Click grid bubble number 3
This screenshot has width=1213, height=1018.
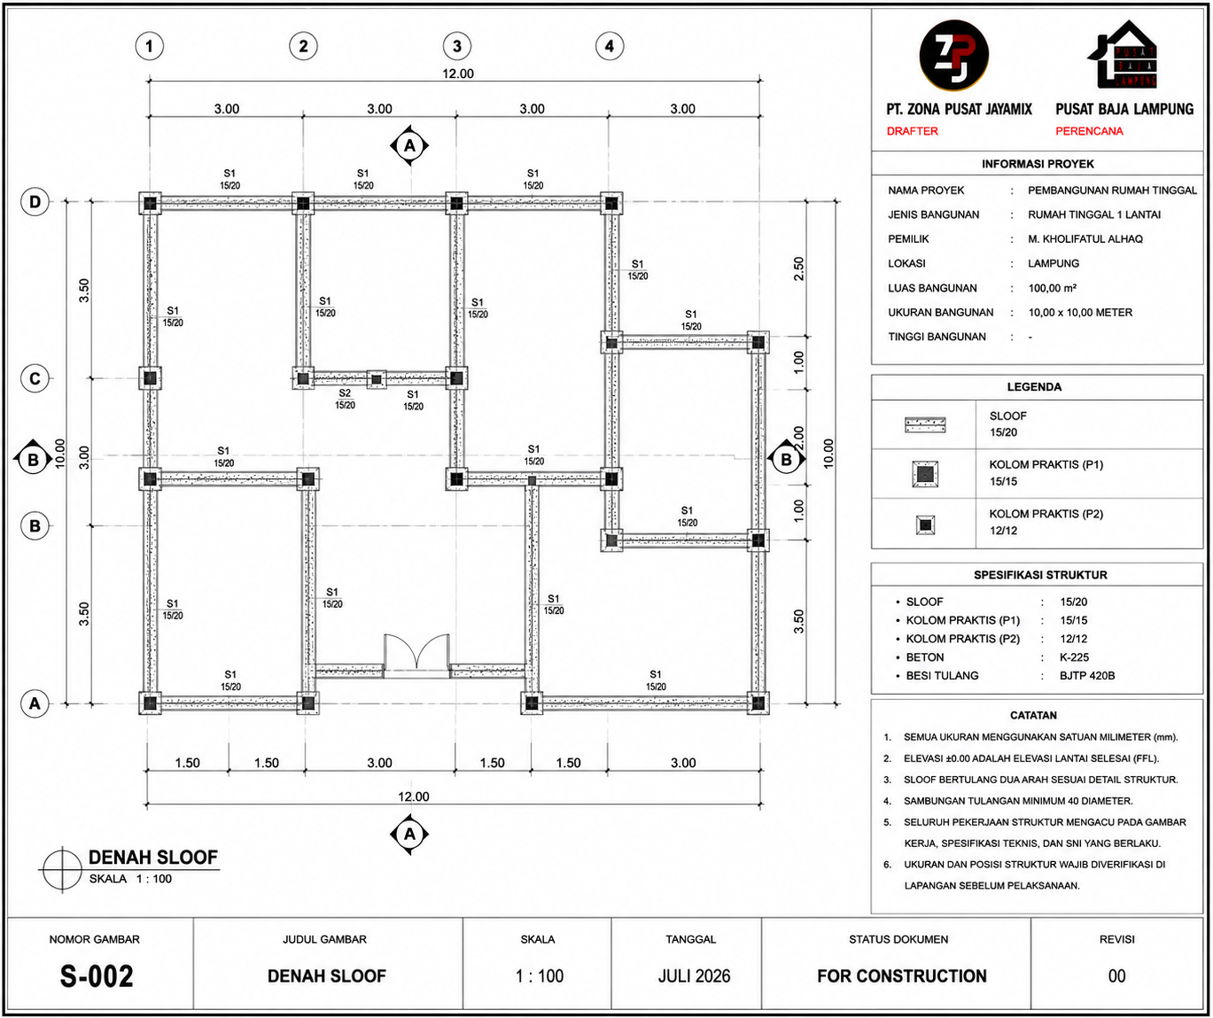coord(456,46)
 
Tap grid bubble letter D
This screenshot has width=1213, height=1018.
coord(35,202)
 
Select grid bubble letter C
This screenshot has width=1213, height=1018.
coord(35,379)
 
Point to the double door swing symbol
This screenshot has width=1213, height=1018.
coord(416,651)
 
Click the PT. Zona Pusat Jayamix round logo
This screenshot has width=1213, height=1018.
coord(953,55)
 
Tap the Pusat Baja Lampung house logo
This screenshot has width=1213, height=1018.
coord(1123,54)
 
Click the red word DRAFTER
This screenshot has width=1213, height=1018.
coord(912,131)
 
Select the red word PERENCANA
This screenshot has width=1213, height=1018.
coord(1089,131)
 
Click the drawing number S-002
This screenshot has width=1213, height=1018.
coord(97,976)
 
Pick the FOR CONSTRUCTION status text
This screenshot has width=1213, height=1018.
coord(902,976)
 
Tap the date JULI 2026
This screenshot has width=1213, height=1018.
coord(695,976)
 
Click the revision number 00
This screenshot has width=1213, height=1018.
coord(1116,976)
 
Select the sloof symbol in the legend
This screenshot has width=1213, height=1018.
coord(925,424)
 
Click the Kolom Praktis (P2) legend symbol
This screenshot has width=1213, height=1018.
coord(925,525)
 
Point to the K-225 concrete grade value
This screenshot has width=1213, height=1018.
coord(1074,657)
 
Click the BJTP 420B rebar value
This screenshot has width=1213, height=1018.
coord(1087,676)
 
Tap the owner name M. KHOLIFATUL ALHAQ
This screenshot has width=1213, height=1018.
coord(1085,239)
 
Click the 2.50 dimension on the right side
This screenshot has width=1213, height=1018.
coord(799,268)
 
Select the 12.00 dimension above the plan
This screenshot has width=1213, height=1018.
coord(458,74)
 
